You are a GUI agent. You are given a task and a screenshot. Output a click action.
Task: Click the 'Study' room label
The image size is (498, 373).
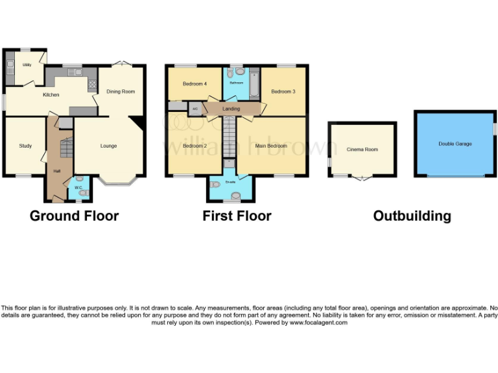click(x=25, y=146)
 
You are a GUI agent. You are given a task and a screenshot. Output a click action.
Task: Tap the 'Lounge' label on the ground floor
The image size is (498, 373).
click(x=108, y=146)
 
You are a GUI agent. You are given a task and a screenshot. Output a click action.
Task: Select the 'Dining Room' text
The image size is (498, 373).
click(x=121, y=92)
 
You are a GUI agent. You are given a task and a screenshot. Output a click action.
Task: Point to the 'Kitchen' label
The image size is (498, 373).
click(x=51, y=95)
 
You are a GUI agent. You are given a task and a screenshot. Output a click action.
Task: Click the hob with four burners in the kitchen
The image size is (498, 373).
click(x=91, y=84)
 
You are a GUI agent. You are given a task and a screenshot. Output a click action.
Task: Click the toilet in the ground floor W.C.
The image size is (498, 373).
click(x=79, y=179)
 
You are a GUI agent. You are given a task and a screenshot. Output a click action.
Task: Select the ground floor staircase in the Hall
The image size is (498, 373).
click(x=65, y=149)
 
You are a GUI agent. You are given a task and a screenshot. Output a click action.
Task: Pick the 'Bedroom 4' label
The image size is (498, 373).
click(x=195, y=84)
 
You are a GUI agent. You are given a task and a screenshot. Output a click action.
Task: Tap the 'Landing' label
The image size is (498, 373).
click(x=231, y=109)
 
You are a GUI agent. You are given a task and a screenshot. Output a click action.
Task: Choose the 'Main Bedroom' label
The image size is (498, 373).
click(x=272, y=146)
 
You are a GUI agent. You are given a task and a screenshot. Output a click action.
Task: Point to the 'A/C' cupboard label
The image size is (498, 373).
click(x=195, y=109)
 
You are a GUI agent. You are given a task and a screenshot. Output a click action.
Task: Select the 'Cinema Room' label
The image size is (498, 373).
click(x=362, y=150)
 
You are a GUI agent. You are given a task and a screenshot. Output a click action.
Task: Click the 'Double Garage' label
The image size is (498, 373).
click(x=455, y=144)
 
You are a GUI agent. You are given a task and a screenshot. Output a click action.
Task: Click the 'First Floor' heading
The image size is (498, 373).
click(x=237, y=216)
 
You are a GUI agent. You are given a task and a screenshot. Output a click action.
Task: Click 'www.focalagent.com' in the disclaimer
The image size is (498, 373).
click(x=318, y=322)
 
